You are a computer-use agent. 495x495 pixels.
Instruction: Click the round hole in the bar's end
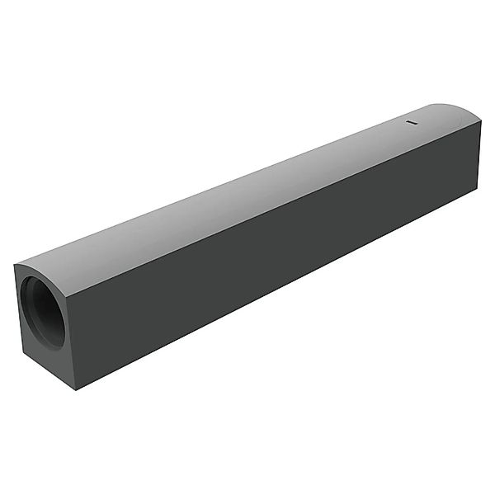(43, 311)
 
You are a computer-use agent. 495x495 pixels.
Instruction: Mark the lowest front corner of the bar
(77, 389)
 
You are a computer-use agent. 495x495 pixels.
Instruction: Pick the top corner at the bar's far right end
(480, 121)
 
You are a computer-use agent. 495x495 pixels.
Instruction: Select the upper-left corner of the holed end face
(16, 265)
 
